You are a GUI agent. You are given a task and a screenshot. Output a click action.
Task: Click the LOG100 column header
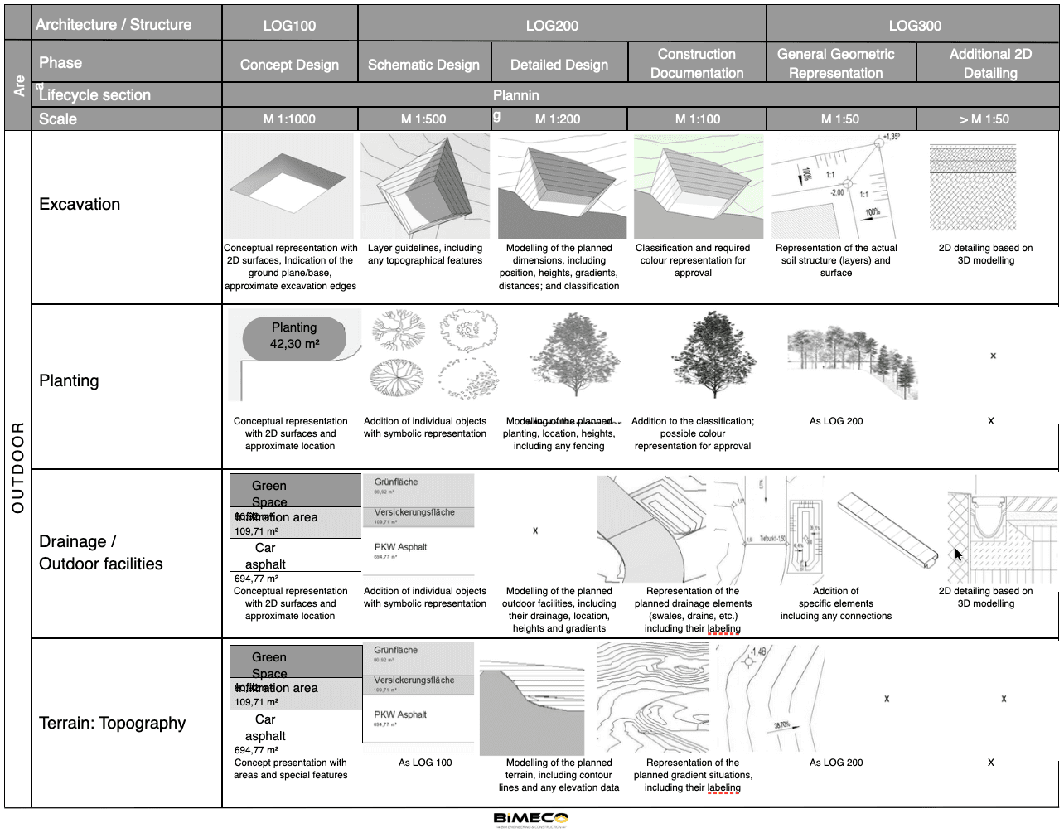289,25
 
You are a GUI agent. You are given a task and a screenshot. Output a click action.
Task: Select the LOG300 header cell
914,25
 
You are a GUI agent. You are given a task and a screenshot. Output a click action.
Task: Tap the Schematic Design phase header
423,65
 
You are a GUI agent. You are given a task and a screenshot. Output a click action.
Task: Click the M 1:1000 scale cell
289,119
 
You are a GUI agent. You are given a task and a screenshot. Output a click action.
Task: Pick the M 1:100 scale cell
697,119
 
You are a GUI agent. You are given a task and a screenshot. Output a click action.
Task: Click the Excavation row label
80,204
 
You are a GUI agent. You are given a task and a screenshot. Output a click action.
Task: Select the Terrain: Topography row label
112,723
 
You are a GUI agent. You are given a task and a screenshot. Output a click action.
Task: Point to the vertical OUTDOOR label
17,468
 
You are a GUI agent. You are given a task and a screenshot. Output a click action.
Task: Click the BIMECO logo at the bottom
531,819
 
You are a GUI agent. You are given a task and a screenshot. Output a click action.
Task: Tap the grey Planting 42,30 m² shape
293,336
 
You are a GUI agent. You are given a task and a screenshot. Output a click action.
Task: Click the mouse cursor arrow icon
959,555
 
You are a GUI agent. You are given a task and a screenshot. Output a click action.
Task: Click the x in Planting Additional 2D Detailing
993,356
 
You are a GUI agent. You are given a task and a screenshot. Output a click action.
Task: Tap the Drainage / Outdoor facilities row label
101,553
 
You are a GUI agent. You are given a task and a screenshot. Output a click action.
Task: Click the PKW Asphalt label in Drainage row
400,547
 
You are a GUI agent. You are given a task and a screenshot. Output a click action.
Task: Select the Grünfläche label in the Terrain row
395,651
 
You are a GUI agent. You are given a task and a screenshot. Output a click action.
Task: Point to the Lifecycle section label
94,94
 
